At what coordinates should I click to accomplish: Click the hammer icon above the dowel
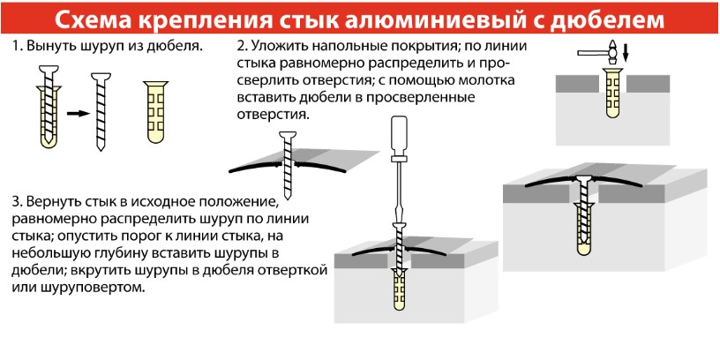click(598, 51)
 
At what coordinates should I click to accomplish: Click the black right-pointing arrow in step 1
click(78, 114)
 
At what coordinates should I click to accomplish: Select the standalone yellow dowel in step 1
click(155, 111)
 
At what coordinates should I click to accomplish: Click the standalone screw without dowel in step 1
click(101, 111)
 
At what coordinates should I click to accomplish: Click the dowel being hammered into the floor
click(612, 92)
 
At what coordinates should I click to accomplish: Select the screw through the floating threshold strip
click(288, 165)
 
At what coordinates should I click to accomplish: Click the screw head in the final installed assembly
click(583, 178)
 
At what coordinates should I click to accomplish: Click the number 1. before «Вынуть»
click(17, 47)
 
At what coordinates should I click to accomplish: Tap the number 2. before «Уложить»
click(242, 47)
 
